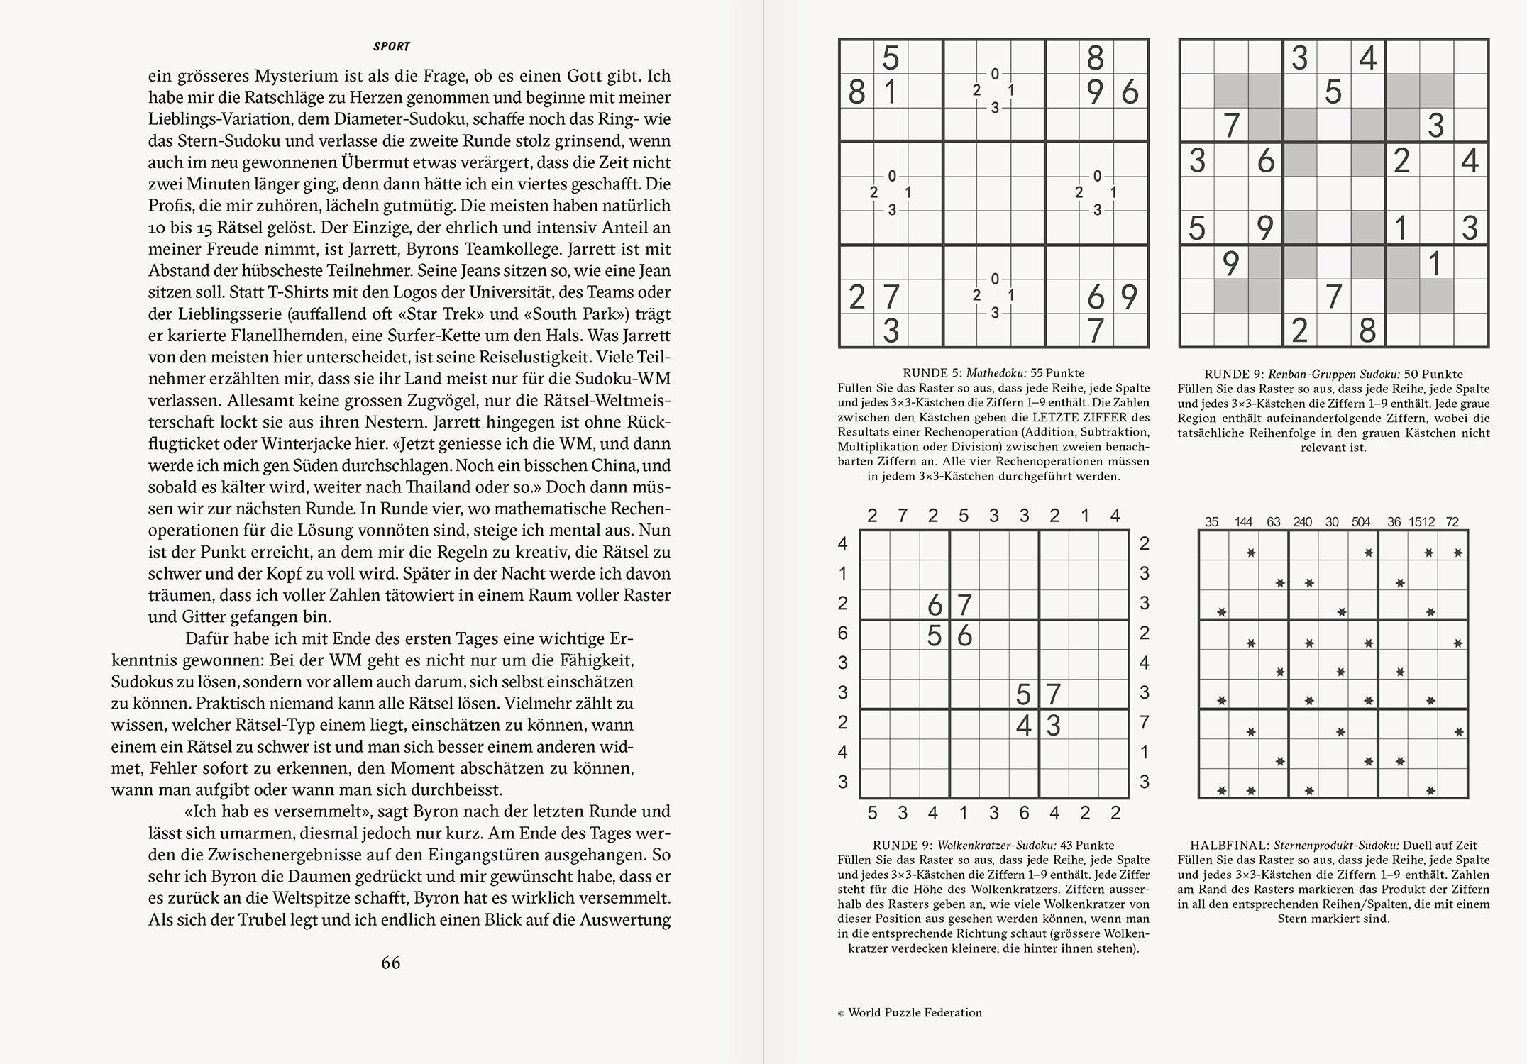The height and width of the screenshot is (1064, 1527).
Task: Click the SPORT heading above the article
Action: [391, 47]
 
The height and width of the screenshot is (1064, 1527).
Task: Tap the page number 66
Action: [391, 963]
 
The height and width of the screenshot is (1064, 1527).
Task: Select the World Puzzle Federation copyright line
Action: [910, 1013]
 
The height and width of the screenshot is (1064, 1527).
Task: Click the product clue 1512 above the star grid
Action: [1422, 522]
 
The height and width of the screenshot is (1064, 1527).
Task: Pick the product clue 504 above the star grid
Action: [1361, 522]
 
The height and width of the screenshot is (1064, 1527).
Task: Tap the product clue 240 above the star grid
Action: [1302, 522]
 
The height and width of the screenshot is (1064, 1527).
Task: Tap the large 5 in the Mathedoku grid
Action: [891, 57]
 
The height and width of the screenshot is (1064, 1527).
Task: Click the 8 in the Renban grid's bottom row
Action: [1367, 331]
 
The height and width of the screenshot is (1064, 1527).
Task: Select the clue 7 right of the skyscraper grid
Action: [1144, 723]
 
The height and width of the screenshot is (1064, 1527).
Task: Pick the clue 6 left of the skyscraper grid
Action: [843, 633]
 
